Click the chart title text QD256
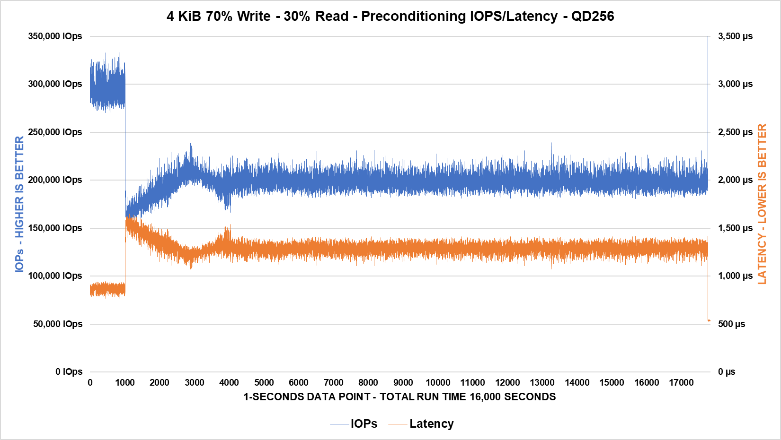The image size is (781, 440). tap(592, 16)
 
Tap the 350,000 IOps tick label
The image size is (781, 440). tap(55, 36)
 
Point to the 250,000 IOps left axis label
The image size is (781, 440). tap(55, 132)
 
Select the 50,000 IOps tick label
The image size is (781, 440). tap(58, 324)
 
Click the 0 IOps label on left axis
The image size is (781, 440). tap(69, 371)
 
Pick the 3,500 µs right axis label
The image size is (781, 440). tap(735, 36)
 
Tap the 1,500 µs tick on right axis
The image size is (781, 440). tap(735, 228)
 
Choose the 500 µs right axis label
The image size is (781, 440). tap(731, 324)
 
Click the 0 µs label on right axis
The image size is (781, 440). tap(727, 371)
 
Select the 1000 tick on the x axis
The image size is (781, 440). tap(125, 382)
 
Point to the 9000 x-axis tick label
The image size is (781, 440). tap(403, 382)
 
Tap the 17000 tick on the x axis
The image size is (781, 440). tap(681, 382)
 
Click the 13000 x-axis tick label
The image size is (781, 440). tap(542, 382)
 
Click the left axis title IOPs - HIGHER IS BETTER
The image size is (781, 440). tap(19, 204)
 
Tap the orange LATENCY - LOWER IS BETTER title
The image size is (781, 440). tap(762, 204)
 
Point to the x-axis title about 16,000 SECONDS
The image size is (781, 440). tap(399, 397)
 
